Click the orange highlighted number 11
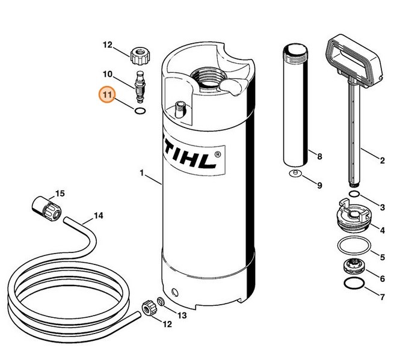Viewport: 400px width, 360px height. point(108,96)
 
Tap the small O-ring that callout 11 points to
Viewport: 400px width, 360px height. point(140,111)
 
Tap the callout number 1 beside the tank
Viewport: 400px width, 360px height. point(141,174)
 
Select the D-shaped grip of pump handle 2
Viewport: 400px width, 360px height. point(355,61)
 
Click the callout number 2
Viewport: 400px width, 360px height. point(383,160)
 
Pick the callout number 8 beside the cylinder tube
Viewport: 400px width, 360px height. point(319,157)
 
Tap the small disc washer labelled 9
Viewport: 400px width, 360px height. point(294,174)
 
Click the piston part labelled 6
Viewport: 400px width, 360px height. point(354,266)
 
